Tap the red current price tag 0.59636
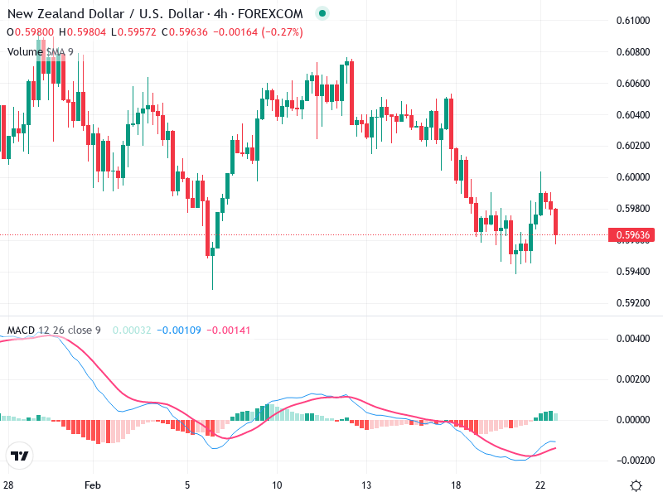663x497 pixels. click(x=635, y=235)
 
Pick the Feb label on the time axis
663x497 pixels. click(x=93, y=485)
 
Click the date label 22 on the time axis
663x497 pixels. click(x=540, y=485)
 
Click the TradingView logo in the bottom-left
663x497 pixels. click(x=20, y=456)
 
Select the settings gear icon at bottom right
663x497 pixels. click(x=636, y=485)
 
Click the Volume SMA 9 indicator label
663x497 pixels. click(x=41, y=51)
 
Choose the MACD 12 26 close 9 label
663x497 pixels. click(x=54, y=331)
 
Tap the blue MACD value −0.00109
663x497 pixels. click(x=180, y=331)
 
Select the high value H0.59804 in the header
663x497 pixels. click(x=84, y=32)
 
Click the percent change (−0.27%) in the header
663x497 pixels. click(x=282, y=32)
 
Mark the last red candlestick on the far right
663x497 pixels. click(x=556, y=222)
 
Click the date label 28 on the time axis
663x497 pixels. click(x=8, y=485)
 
